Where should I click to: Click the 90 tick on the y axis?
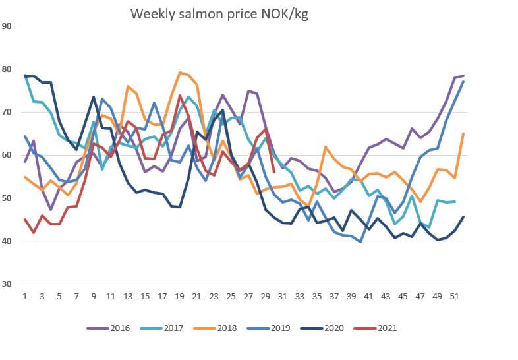point(8,26)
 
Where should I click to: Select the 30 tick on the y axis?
point(8,284)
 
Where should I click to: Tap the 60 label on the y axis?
point(8,155)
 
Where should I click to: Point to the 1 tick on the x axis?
point(25,297)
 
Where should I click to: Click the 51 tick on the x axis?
point(455,297)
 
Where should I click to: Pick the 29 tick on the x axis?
point(266,297)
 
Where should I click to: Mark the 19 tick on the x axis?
point(179,297)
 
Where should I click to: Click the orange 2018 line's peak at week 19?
point(180,73)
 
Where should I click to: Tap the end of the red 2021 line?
point(274,172)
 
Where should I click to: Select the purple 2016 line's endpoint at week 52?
point(463,76)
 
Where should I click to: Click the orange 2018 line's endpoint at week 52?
point(463,134)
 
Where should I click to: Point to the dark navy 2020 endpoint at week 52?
point(463,217)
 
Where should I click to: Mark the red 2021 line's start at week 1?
point(25,220)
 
